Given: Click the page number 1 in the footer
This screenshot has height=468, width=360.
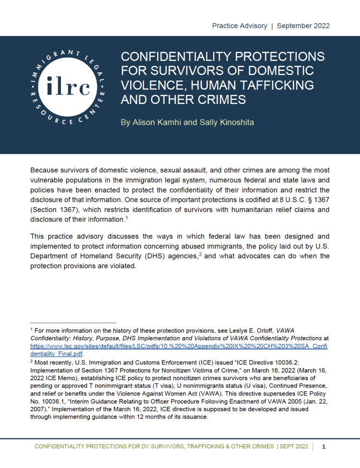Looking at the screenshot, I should point(324,447).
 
